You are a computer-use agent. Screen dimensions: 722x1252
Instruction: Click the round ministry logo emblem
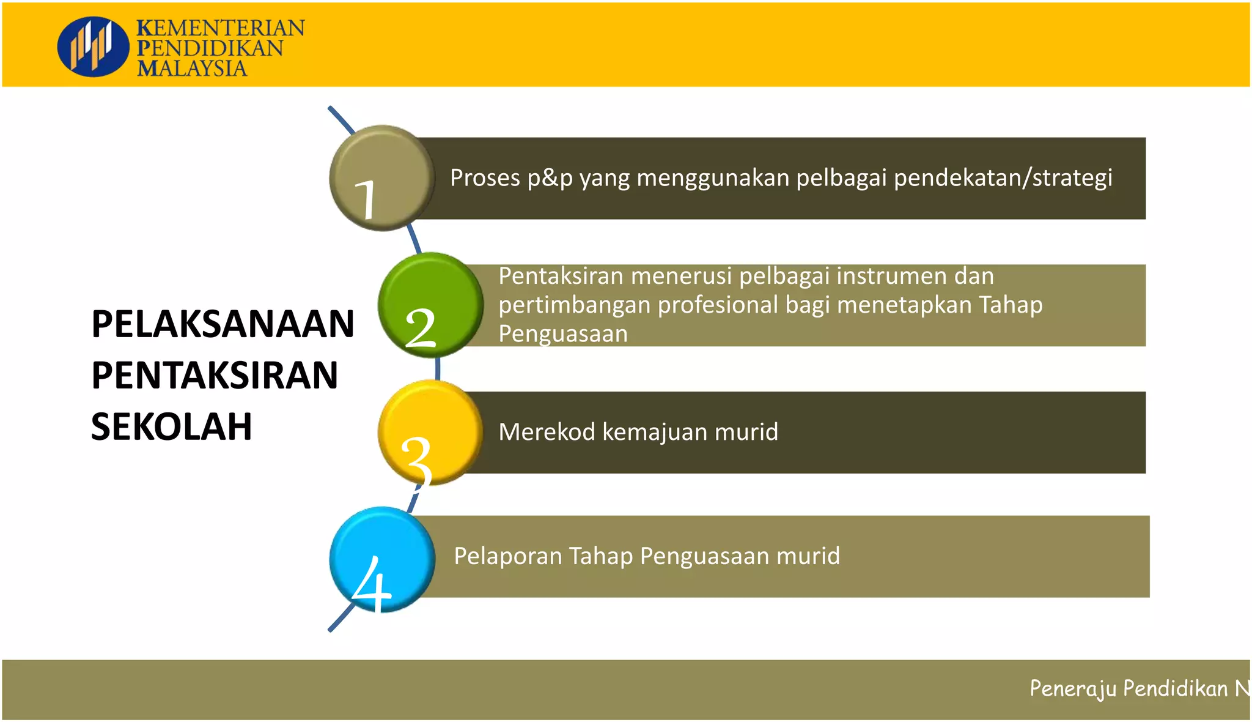[93, 47]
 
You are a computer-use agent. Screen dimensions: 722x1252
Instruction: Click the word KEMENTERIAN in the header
[220, 28]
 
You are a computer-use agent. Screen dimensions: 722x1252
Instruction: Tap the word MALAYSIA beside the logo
[192, 68]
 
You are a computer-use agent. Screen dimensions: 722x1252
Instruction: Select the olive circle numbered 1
[381, 178]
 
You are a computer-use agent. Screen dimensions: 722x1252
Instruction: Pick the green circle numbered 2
[430, 305]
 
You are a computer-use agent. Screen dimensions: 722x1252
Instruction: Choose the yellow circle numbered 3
[430, 432]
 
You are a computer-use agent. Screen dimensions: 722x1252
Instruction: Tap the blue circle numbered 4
[381, 559]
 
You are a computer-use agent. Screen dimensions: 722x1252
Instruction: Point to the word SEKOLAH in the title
[171, 426]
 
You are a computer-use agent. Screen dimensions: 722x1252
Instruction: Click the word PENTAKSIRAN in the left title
[215, 375]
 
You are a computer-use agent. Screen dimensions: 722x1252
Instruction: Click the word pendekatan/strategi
[1003, 178]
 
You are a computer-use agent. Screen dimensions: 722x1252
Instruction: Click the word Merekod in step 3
[547, 432]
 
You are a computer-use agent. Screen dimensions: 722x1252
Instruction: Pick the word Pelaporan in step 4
[507, 556]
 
